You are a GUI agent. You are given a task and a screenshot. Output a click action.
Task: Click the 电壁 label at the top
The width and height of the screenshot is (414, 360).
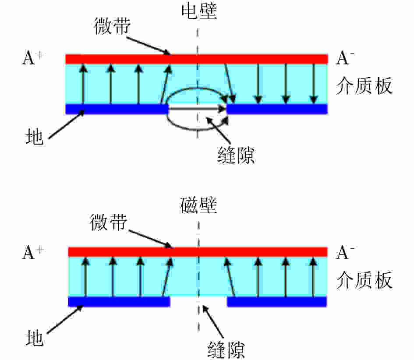click(199, 11)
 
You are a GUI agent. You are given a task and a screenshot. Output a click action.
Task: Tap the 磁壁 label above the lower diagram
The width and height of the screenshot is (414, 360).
click(198, 205)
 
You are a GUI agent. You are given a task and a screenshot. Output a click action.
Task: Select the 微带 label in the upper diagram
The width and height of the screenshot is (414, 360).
click(112, 26)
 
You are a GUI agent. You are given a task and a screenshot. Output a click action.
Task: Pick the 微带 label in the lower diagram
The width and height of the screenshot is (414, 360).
click(109, 222)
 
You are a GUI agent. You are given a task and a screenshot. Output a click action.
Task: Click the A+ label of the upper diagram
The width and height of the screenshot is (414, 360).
click(32, 58)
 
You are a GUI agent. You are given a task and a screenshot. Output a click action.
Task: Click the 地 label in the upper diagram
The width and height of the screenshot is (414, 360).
click(34, 137)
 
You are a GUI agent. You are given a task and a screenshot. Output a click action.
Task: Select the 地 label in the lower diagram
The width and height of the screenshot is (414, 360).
click(34, 338)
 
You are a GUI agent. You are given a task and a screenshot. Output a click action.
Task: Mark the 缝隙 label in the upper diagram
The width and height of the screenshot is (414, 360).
click(236, 155)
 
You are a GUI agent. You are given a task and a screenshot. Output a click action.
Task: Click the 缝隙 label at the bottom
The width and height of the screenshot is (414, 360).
click(226, 349)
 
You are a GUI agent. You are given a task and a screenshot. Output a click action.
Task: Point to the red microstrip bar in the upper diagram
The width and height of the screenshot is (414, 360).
click(197, 59)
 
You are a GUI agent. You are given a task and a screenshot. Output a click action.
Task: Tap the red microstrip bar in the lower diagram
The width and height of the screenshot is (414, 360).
click(198, 252)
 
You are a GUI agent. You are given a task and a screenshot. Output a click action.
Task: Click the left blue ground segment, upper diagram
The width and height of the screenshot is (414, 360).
click(117, 109)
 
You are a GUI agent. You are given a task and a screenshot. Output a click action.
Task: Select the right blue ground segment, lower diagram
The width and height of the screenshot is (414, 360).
click(277, 302)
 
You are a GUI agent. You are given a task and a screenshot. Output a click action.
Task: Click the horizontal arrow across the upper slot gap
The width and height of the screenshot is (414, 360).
click(197, 108)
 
